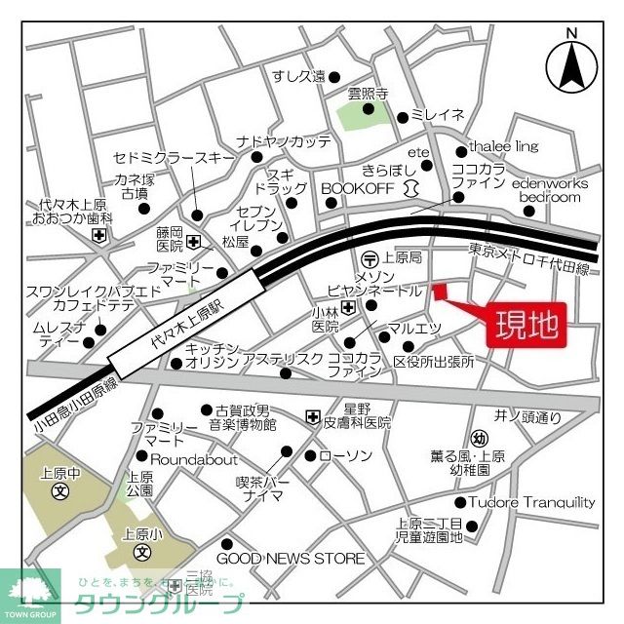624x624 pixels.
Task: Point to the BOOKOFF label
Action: click(355, 187)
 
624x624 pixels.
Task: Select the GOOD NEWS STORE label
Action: click(290, 559)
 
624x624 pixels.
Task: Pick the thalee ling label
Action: click(503, 146)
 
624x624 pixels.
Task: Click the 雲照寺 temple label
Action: click(368, 95)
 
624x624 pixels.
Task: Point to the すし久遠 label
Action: click(297, 76)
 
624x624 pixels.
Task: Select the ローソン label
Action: click(346, 456)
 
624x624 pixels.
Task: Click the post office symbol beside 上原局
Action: click(370, 258)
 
